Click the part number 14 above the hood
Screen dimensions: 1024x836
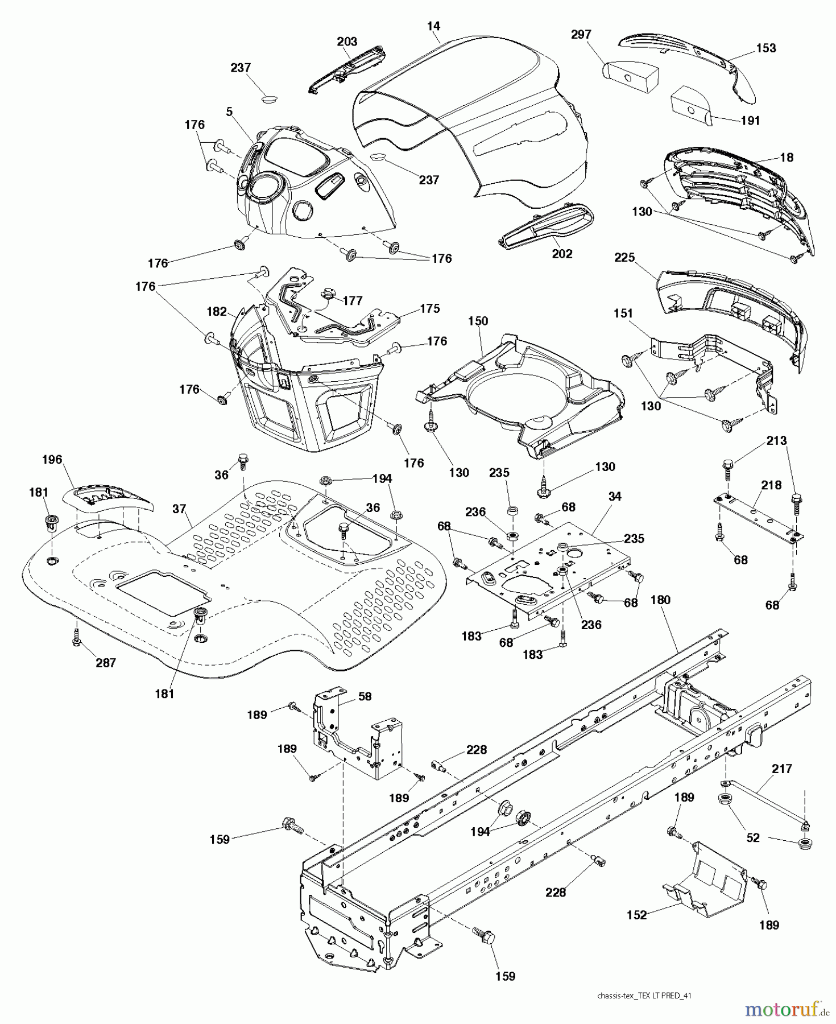[x=433, y=26]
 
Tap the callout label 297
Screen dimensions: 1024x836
[x=581, y=35]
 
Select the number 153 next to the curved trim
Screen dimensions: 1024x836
[x=766, y=48]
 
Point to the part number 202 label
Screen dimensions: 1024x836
[x=562, y=254]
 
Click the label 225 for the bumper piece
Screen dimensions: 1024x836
[x=624, y=258]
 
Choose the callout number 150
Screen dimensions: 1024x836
[x=478, y=321]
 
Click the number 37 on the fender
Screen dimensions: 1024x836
[x=179, y=509]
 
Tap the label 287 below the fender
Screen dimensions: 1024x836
[x=106, y=663]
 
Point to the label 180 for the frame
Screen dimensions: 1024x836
[x=660, y=600]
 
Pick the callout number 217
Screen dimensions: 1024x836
[x=782, y=769]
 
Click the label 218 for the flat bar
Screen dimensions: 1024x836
[x=771, y=485]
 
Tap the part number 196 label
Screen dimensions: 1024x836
[x=52, y=460]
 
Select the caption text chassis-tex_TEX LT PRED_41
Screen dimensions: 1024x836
[x=644, y=996]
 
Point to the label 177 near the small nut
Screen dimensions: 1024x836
[x=353, y=300]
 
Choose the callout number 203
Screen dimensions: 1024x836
[x=347, y=42]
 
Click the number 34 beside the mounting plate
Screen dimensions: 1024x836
[x=615, y=497]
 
